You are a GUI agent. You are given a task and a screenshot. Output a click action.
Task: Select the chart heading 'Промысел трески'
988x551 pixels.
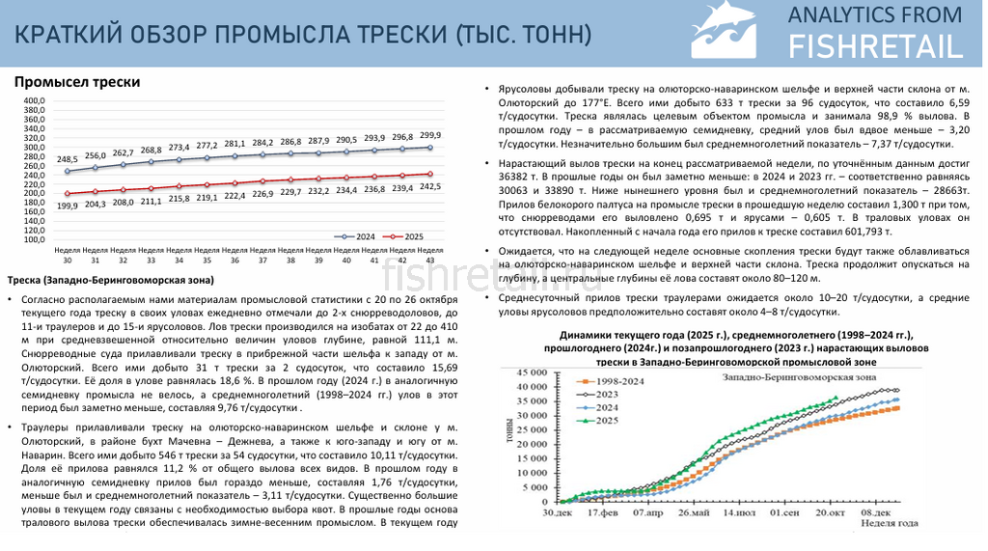pos(77,82)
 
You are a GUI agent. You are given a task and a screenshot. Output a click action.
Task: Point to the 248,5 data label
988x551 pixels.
pos(68,159)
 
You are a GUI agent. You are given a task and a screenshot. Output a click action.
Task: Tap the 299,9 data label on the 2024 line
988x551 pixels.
pos(430,135)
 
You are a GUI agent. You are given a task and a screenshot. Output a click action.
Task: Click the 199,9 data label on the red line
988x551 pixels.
pos(68,206)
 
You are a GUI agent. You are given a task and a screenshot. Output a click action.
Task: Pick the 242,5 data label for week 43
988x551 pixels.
pos(430,186)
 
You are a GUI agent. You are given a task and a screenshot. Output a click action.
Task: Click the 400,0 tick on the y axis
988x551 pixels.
pos(34,100)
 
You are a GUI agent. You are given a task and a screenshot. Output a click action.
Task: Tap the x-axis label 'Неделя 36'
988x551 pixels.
pos(234,255)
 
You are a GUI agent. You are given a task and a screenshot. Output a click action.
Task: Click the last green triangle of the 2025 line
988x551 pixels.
pos(836,398)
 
